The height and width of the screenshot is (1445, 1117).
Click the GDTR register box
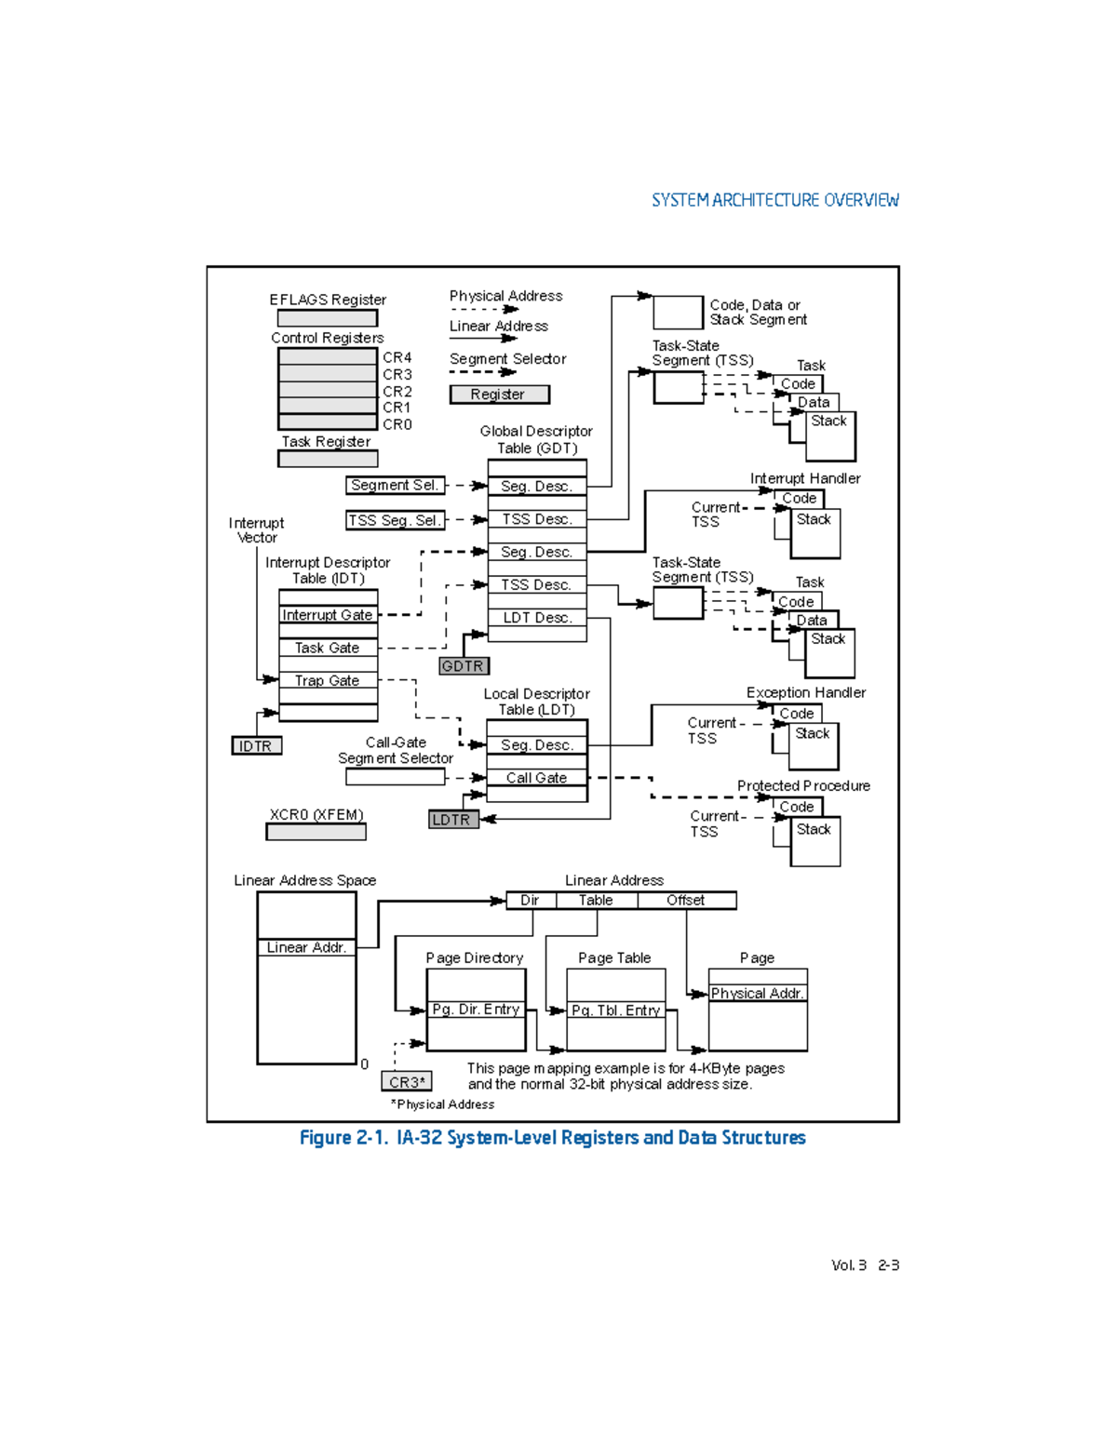point(464,666)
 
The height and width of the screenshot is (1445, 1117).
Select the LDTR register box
point(453,820)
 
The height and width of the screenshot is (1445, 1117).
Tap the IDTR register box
point(256,746)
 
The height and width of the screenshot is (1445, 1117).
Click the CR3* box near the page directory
point(407,1082)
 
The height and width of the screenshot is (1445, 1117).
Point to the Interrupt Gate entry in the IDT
point(328,615)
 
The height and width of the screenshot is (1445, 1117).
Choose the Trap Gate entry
point(328,680)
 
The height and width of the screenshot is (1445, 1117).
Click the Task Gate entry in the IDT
point(328,648)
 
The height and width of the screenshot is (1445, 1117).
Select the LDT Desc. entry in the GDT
point(537,618)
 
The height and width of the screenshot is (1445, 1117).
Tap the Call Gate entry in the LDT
point(537,778)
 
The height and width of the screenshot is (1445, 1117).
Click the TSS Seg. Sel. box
point(395,520)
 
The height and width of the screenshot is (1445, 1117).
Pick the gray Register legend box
point(499,395)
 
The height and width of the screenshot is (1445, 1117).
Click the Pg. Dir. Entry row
point(476,1010)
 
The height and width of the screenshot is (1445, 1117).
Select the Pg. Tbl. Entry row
point(615,1010)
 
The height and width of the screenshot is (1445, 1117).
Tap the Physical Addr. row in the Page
point(758,993)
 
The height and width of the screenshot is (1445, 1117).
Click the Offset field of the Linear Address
point(686,900)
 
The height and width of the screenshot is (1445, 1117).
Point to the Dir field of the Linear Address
point(531,900)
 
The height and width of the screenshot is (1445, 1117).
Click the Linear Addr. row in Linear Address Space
point(306,947)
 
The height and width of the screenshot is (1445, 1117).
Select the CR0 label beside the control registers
point(397,424)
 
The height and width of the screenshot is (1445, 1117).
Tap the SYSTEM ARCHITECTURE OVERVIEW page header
point(774,200)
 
